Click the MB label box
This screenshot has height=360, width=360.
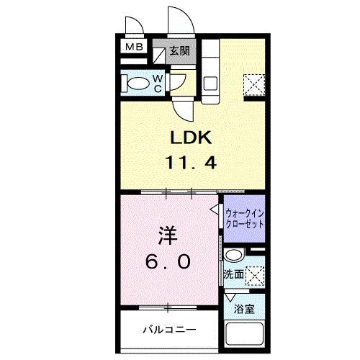tap(134, 48)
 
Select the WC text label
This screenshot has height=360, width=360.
tap(158, 84)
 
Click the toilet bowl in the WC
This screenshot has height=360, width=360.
tap(135, 84)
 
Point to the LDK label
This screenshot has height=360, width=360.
tap(191, 136)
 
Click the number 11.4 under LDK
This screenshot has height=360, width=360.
tap(191, 162)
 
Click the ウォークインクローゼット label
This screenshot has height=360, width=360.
tap(244, 218)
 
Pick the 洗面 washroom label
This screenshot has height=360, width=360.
tap(233, 274)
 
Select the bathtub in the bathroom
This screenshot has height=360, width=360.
tap(244, 337)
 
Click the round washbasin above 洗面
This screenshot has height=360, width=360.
tap(233, 256)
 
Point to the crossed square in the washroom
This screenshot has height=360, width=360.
tap(253, 274)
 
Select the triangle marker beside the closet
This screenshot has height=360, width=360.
tap(215, 210)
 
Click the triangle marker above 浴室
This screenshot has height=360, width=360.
tap(230, 296)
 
